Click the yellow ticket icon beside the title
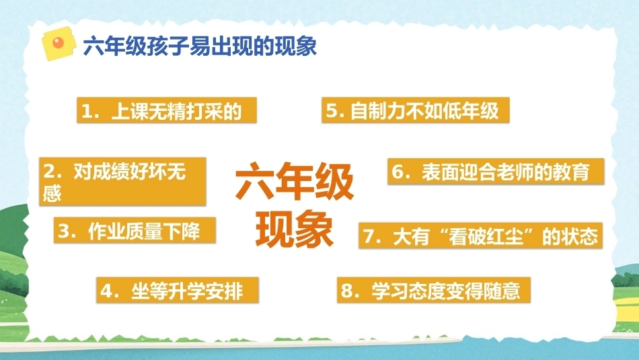(x=59, y=44)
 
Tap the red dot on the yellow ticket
(x=59, y=42)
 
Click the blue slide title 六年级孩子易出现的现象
(x=200, y=46)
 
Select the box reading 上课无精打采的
(x=167, y=110)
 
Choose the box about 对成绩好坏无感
(x=122, y=182)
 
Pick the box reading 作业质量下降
(x=135, y=230)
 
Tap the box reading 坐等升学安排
(x=178, y=290)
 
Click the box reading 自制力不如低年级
(x=416, y=110)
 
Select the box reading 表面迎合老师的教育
(x=496, y=172)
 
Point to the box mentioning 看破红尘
(x=480, y=236)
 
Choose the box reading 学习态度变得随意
(x=434, y=290)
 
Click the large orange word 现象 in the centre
(x=294, y=229)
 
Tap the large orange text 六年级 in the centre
(x=294, y=180)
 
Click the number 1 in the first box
(x=86, y=111)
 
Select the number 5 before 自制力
(x=332, y=111)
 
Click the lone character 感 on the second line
(x=52, y=192)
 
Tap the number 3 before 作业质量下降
(x=64, y=231)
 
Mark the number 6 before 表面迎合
(x=398, y=172)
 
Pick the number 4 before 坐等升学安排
(x=106, y=291)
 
